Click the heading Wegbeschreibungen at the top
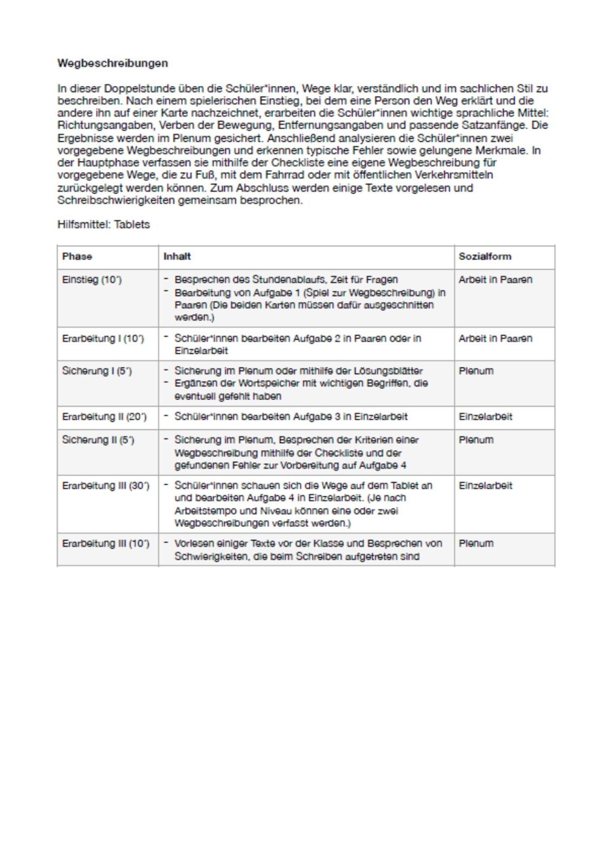[113, 63]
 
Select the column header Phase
[77, 256]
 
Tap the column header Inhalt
[177, 256]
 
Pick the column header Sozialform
[485, 256]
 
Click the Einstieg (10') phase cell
[92, 280]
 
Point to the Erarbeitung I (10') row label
[103, 339]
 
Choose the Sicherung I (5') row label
[97, 371]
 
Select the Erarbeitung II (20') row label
[104, 417]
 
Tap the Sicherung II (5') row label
[98, 440]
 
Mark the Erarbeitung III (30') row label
[105, 486]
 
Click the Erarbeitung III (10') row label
[105, 544]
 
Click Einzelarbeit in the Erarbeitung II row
[485, 417]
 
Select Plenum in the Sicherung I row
[476, 371]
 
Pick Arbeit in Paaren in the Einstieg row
[495, 280]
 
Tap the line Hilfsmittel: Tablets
[104, 225]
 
